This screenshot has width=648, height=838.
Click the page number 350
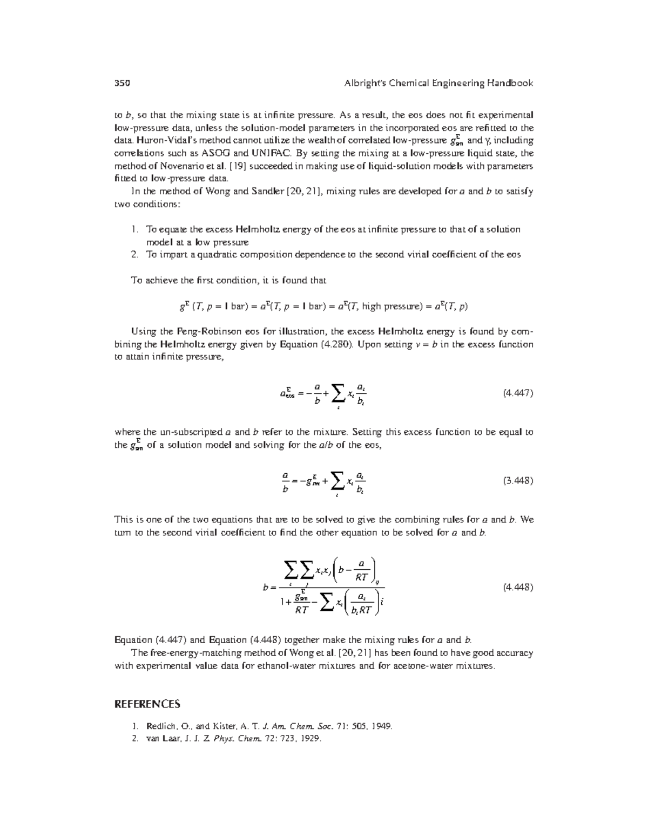[x=123, y=83]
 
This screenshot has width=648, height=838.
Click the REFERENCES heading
[x=147, y=704]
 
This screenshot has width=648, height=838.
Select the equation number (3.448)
[x=518, y=480]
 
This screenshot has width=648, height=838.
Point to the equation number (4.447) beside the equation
[x=518, y=393]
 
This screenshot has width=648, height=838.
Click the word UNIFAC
[x=268, y=153]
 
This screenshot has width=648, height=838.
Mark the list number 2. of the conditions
[x=136, y=255]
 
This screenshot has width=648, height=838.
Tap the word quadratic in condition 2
[x=210, y=255]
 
